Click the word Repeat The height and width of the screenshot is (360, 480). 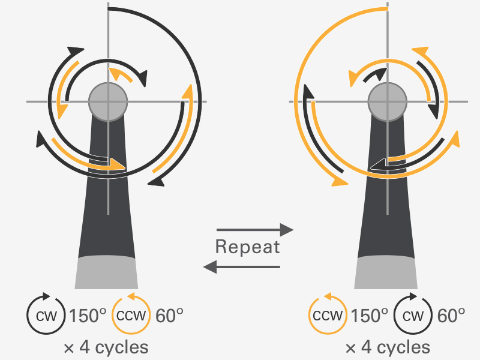coord(248,247)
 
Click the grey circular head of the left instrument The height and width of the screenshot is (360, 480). coord(108,101)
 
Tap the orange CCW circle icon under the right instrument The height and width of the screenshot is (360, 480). coord(328,315)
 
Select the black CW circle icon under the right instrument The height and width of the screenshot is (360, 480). coord(413,315)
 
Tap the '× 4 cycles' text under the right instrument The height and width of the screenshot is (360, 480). coord(387,347)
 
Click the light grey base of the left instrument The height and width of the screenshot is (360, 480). coord(107,273)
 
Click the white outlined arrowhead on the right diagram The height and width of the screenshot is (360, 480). coord(378,164)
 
